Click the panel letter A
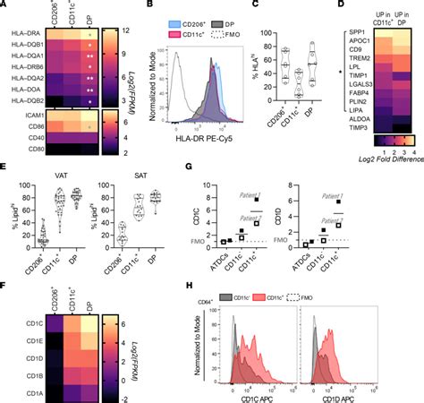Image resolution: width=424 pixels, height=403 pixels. point(4,6)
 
